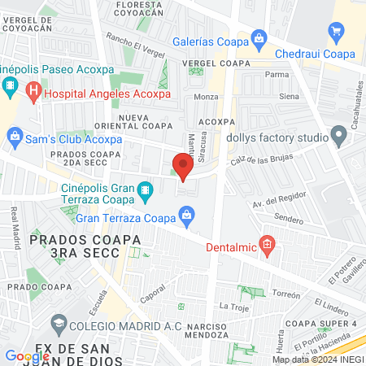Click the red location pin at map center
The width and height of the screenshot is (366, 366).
[x=183, y=167]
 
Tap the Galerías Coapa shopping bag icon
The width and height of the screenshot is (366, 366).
[x=259, y=37]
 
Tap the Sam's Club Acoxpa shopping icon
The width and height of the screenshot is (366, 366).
[x=14, y=139]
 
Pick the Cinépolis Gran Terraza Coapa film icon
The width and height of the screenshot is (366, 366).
[x=146, y=192]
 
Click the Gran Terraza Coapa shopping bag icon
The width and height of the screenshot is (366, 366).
[x=187, y=216]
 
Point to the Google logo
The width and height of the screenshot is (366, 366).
[x=27, y=356]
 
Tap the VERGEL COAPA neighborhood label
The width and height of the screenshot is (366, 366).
[x=216, y=63]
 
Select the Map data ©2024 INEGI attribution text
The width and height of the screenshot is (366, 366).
[x=317, y=359]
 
